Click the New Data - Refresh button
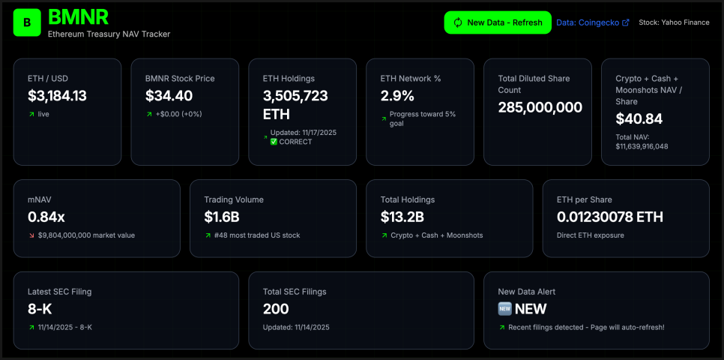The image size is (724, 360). (498, 22)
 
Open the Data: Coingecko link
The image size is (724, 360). (592, 22)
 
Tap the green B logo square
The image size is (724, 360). (27, 22)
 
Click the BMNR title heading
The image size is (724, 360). (78, 16)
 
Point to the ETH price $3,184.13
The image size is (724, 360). (57, 96)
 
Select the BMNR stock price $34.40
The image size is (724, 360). (169, 96)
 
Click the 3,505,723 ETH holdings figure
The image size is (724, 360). (295, 105)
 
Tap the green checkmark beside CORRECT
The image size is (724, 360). (274, 142)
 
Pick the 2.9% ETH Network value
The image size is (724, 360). (397, 96)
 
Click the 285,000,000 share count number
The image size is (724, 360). (540, 107)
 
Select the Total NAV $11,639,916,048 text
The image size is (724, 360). (642, 142)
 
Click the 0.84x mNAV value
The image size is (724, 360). (46, 217)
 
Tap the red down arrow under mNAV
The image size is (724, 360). (31, 235)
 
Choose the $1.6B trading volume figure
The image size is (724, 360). (222, 217)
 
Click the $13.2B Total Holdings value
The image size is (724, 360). (402, 217)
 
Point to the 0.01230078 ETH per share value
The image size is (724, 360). (609, 217)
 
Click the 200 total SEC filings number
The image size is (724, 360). (276, 308)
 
